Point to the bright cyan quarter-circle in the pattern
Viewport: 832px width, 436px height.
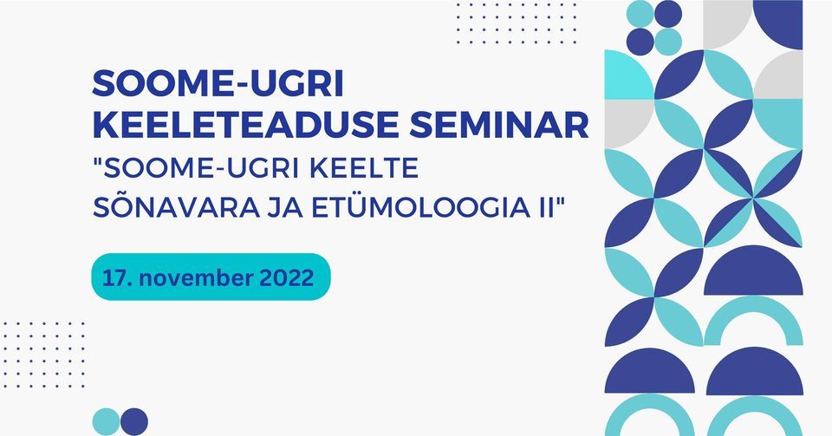[628, 75]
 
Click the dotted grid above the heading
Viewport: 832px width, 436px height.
[516, 23]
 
